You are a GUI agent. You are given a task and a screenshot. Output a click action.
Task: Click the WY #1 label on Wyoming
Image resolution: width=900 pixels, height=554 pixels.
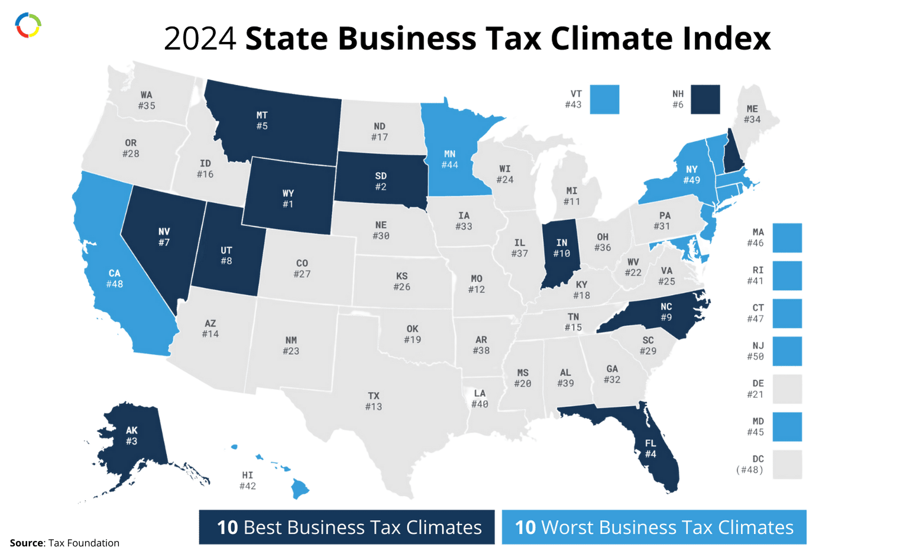tap(288, 199)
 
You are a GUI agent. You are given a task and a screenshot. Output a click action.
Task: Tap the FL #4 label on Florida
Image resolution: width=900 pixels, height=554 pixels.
tap(650, 449)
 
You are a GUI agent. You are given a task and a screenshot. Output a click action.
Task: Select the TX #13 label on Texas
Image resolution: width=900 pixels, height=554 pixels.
tap(374, 401)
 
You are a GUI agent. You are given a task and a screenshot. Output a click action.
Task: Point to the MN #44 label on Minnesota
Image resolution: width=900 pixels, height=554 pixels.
tap(449, 160)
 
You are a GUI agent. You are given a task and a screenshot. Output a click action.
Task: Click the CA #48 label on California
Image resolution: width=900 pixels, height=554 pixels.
tap(114, 278)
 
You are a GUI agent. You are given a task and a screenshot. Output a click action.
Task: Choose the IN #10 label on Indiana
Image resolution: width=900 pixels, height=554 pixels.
tap(562, 248)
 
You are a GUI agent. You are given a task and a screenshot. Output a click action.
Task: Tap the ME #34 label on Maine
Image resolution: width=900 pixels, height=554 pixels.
tap(752, 114)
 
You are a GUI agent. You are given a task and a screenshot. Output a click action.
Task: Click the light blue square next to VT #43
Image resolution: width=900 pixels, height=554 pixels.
tap(604, 99)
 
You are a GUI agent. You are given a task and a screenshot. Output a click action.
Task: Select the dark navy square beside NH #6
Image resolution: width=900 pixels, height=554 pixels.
tap(706, 99)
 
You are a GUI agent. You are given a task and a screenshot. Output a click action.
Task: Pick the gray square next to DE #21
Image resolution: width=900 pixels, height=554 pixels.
tap(787, 388)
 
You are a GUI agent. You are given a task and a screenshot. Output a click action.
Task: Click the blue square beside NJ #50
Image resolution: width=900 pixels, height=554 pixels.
tap(787, 351)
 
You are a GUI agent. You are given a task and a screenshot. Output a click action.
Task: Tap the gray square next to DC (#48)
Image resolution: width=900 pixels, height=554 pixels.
tap(787, 464)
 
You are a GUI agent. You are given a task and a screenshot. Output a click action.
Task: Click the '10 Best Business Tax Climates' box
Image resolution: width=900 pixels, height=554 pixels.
tap(347, 527)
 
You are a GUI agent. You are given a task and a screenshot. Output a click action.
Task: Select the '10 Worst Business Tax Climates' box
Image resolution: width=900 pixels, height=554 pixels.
tap(653, 527)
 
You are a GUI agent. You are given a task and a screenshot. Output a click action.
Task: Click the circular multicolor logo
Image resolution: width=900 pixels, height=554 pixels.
tap(28, 25)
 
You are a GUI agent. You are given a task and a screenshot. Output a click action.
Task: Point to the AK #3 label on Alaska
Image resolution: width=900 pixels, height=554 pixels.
tap(131, 436)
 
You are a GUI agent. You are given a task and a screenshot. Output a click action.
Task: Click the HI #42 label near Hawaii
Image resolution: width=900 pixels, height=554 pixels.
tap(248, 481)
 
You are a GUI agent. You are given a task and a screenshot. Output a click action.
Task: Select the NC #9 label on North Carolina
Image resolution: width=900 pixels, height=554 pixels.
tap(666, 312)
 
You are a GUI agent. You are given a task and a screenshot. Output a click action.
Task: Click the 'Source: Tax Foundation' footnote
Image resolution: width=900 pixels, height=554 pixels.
tap(65, 543)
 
